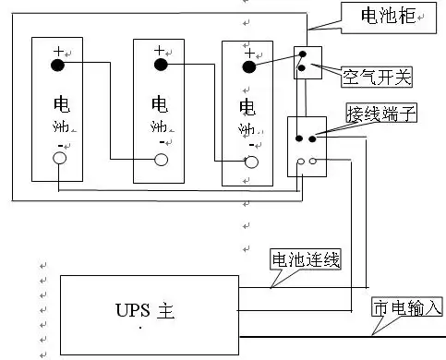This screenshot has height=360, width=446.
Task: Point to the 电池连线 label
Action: click(x=306, y=260)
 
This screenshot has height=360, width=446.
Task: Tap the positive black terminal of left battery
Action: click(x=57, y=64)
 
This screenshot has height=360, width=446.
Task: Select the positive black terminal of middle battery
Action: click(x=160, y=64)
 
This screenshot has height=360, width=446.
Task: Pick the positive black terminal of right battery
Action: click(x=247, y=65)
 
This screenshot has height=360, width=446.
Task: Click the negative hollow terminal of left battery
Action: click(x=59, y=159)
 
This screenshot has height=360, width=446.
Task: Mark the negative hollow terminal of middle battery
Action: click(x=161, y=160)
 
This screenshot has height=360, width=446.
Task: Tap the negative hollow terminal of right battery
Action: click(x=248, y=161)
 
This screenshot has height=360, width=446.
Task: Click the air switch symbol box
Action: click(x=307, y=62)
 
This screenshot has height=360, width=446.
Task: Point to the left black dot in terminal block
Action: click(x=298, y=138)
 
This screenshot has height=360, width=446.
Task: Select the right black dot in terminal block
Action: click(x=312, y=138)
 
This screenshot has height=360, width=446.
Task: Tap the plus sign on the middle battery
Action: click(x=159, y=49)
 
